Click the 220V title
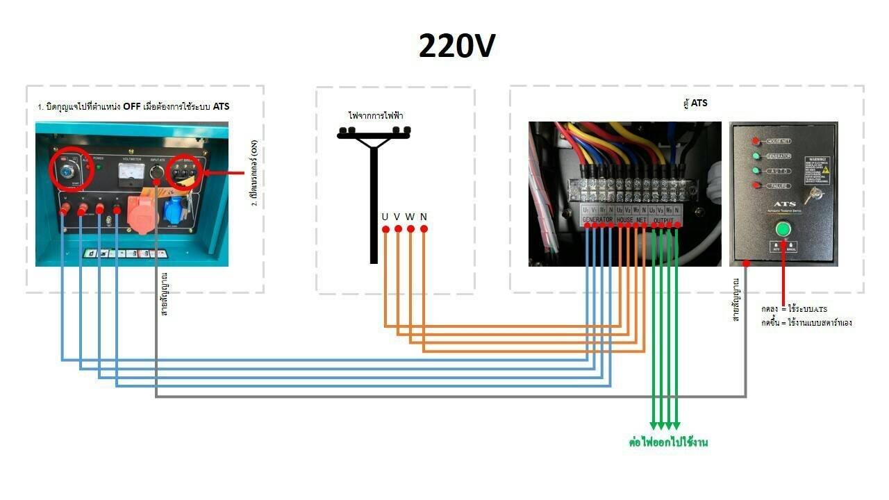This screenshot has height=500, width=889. coord(457,47)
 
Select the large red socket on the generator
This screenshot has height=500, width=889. coord(142,212)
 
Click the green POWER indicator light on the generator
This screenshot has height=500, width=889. coord(99,167)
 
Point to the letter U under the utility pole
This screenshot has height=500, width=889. coord(385,217)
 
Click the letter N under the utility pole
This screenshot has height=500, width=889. coord(423,217)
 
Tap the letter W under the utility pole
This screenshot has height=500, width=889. coord(410,217)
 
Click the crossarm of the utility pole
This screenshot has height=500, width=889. coord(374,133)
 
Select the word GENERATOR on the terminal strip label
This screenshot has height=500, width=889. coord(597,219)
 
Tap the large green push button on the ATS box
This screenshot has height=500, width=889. coord(783,228)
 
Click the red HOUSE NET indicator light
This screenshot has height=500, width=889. coord(756,141)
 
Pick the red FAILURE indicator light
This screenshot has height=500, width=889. coord(756,185)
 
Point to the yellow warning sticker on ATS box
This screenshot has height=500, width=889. coord(824,170)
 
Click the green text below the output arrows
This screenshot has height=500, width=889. coord(668,442)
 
